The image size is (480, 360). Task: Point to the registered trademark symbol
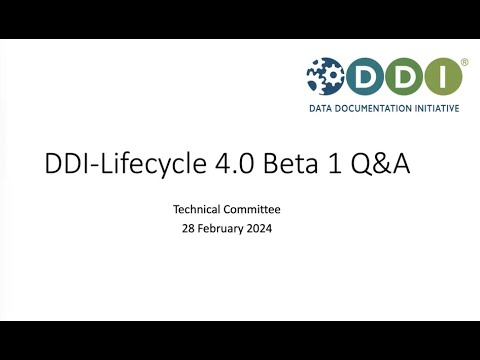463,62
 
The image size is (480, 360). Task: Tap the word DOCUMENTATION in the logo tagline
374,108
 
